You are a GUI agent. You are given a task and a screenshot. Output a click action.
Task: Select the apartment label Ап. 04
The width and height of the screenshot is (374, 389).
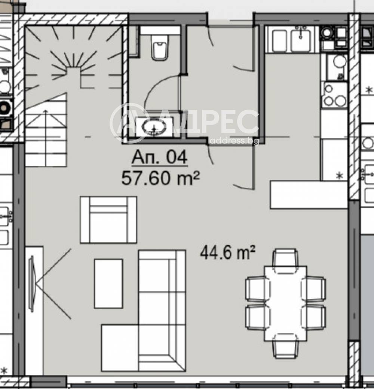click(x=159, y=157)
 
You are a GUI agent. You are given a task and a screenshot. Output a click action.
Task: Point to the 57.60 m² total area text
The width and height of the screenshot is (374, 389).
click(x=160, y=178)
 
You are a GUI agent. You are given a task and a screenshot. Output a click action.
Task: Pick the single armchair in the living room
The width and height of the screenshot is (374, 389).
click(x=108, y=220)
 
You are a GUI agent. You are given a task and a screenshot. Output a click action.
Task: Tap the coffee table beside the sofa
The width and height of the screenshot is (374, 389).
click(x=108, y=283)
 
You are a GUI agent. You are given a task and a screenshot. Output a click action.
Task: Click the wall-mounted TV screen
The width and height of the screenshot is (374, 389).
click(x=32, y=283)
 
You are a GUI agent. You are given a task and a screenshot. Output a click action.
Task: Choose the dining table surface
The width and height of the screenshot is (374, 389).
click(x=285, y=303)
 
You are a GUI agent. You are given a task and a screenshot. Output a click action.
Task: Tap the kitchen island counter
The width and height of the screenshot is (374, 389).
click(x=309, y=195)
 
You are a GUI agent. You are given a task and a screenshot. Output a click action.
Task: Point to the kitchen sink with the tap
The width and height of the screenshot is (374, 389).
click(x=301, y=39)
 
